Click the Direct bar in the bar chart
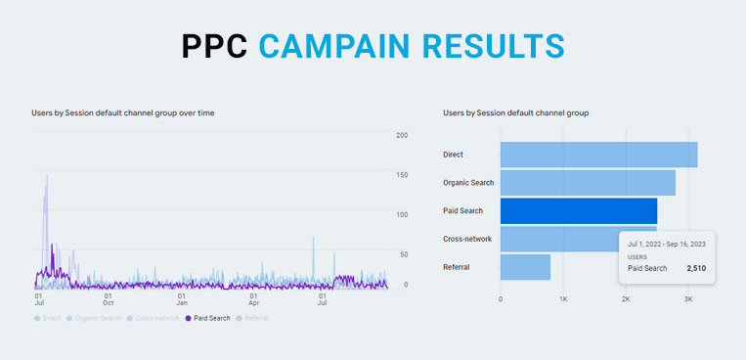pos(598,155)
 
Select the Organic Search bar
pos(588,183)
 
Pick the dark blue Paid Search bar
pos(579,211)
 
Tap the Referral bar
pos(525,267)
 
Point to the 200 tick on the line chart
pos(401,135)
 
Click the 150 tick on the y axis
pos(401,175)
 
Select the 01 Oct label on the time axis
pos(109,297)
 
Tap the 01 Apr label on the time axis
pos(253,297)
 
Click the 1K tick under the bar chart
pos(563,299)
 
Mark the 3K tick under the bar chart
pos(688,299)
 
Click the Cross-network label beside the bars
pos(468,239)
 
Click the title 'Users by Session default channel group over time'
pos(123,113)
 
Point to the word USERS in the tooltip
pos(637,256)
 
